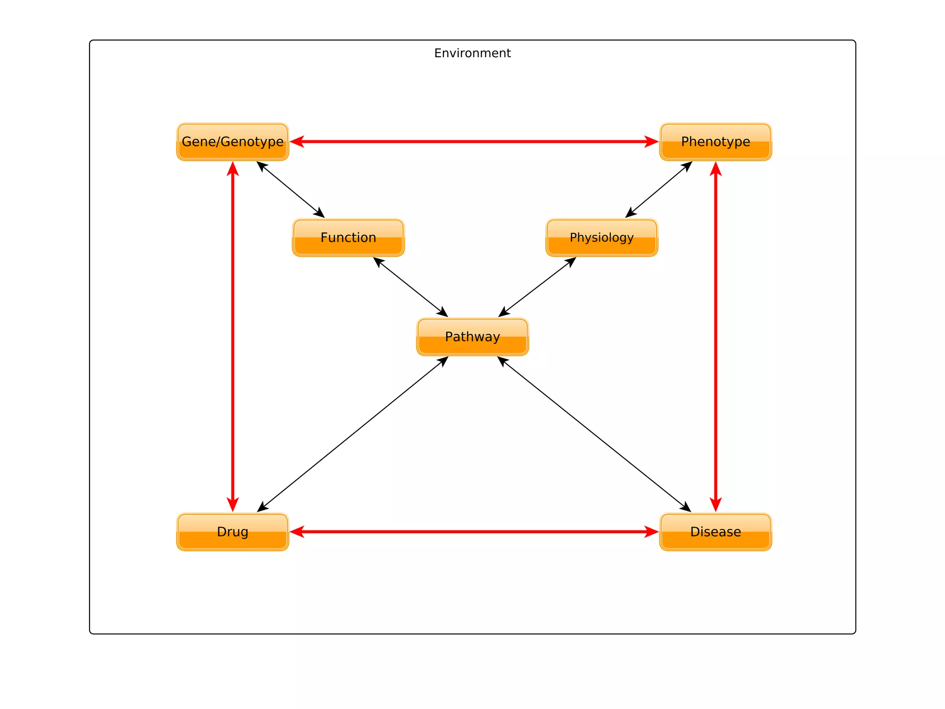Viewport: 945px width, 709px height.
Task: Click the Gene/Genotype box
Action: (233, 142)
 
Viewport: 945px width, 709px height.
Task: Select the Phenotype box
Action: (715, 142)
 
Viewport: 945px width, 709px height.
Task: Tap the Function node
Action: (348, 238)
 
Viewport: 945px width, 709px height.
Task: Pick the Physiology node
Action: (602, 238)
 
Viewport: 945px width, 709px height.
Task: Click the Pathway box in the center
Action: (472, 337)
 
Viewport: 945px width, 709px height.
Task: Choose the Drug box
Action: (233, 532)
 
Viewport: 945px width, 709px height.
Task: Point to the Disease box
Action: (715, 532)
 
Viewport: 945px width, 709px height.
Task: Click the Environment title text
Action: (472, 53)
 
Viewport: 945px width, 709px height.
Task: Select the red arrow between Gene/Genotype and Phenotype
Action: (474, 142)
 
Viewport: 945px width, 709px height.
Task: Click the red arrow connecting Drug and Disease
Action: (474, 532)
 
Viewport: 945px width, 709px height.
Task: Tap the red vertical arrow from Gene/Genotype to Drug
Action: (233, 337)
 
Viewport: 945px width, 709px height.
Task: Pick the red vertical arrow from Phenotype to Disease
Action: (716, 337)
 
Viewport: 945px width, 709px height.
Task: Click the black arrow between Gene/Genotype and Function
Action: (291, 190)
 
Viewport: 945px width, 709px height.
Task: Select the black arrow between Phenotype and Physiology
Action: (658, 190)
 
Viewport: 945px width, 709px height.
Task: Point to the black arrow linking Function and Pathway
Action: (411, 287)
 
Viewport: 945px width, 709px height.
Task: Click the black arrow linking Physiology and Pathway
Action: (537, 287)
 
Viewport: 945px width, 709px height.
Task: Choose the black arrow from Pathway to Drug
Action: (353, 434)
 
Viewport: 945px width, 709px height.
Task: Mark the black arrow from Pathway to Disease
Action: (594, 434)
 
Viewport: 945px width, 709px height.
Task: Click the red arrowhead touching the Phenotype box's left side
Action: (652, 142)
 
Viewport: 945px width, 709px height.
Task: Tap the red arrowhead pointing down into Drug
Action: (233, 504)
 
